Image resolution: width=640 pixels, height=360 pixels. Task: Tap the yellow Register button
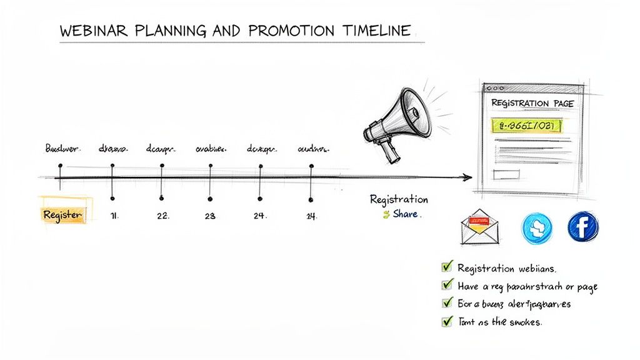[x=62, y=214]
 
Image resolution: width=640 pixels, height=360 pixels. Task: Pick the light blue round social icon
[x=537, y=228]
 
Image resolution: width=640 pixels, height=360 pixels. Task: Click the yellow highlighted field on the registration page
[x=526, y=126]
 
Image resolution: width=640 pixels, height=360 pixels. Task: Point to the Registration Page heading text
[x=532, y=102]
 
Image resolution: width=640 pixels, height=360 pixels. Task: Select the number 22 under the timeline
[x=162, y=216]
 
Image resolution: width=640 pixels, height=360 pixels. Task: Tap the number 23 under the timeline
[x=210, y=216]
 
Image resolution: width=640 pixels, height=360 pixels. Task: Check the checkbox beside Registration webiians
[x=447, y=267]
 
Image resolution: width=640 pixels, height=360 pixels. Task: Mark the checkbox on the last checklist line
[x=447, y=322]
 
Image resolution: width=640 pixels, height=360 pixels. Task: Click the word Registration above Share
[x=399, y=200]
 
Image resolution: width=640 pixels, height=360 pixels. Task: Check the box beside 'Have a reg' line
[x=447, y=286]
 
